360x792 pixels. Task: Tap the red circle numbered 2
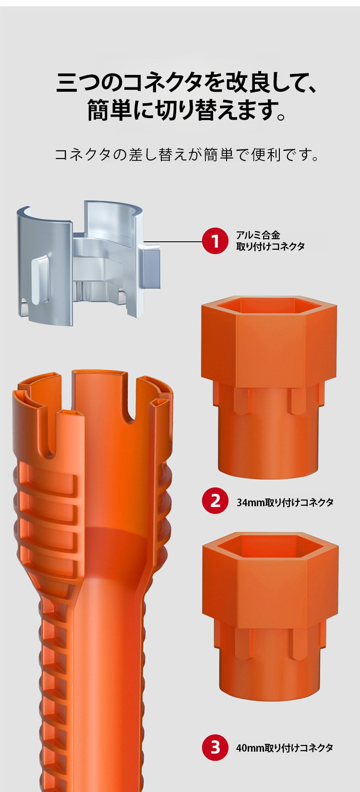tap(215, 501)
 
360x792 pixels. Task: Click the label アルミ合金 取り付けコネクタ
tap(270, 241)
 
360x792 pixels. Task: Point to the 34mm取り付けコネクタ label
tap(285, 502)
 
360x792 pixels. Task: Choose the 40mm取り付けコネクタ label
tap(284, 747)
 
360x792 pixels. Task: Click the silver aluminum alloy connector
tap(88, 263)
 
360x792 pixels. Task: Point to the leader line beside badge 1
tap(174, 242)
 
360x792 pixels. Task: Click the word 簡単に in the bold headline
tap(118, 110)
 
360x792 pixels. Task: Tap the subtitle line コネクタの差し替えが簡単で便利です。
tap(187, 155)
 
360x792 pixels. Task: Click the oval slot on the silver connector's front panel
tap(40, 280)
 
